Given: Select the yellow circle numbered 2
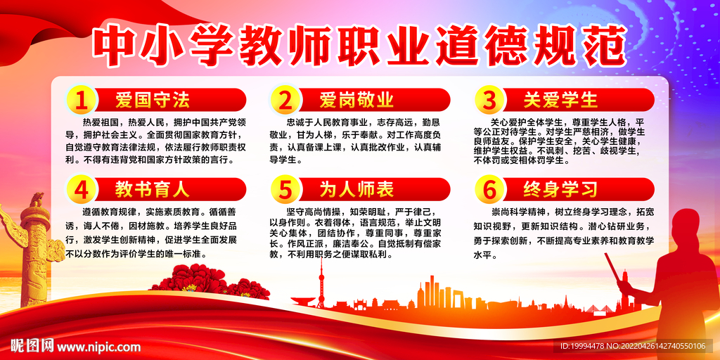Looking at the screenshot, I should (x=285, y=101).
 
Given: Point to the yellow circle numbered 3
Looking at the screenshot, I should (x=489, y=101).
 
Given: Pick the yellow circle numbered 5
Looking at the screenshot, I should (x=285, y=191).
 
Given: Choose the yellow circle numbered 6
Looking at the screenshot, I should (x=489, y=191).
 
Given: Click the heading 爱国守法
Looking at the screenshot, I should (x=153, y=100).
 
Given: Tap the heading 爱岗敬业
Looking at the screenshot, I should (x=356, y=100).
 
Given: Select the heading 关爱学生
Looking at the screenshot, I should (x=560, y=100).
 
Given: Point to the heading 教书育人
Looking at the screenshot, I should (x=153, y=189).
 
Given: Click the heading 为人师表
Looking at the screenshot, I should (x=356, y=189).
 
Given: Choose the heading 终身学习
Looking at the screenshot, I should (x=560, y=189).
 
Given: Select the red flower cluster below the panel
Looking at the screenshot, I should (x=207, y=285).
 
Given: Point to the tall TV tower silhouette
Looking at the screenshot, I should (x=321, y=281).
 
